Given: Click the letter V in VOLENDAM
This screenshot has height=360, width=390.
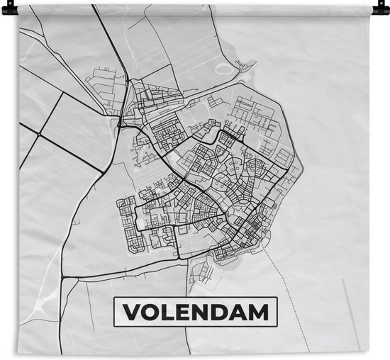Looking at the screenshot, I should click(132, 312).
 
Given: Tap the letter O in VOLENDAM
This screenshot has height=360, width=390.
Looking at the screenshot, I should click(150, 312).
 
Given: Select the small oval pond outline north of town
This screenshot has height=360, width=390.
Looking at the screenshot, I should click(226, 69).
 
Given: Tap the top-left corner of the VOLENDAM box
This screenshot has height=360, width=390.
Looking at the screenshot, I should click(115, 298).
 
